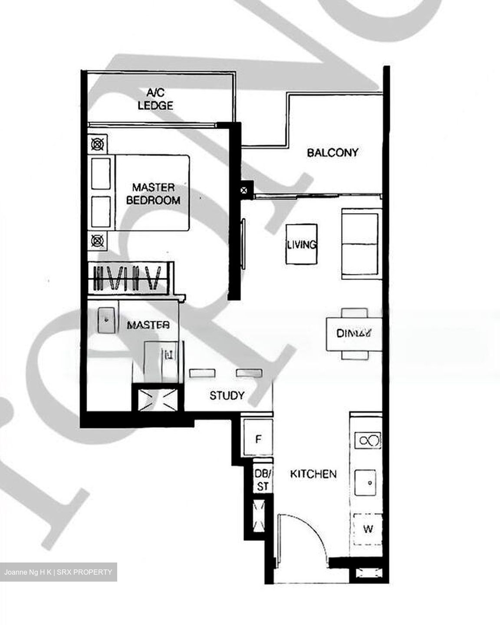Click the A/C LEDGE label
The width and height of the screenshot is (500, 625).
[x=155, y=99]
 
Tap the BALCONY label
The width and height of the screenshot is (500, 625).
[x=332, y=152]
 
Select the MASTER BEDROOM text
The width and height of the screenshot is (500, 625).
[x=153, y=194]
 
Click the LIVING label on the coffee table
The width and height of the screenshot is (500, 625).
[x=301, y=244]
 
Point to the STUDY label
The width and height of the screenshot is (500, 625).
[x=227, y=395]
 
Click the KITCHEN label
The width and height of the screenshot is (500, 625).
[x=313, y=474]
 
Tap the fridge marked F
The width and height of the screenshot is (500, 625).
[x=258, y=439]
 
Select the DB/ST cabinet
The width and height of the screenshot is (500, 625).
[x=263, y=480]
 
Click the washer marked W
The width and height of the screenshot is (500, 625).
[x=368, y=529]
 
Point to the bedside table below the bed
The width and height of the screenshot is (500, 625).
[x=98, y=240]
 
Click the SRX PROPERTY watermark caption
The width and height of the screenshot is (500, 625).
[x=58, y=572]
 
